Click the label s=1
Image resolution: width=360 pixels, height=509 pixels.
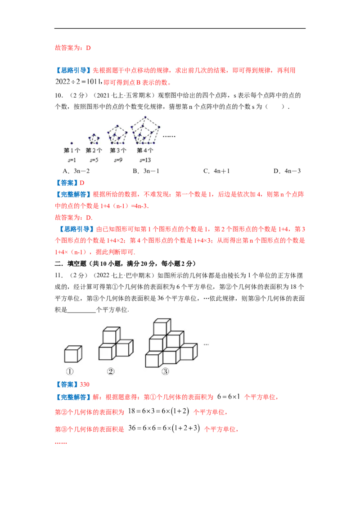72,160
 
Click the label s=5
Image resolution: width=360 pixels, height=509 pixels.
94,160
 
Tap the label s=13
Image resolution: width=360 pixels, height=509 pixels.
145,160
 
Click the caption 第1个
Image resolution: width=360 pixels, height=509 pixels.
72,151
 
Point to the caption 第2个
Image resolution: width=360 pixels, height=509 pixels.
94,151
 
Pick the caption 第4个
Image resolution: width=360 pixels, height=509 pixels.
145,151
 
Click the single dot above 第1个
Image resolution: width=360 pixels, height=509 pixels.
72,143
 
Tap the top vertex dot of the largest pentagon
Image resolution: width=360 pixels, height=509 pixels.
145,117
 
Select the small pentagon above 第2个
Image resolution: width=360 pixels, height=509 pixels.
94,137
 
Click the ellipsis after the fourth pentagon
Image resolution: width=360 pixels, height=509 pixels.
169,136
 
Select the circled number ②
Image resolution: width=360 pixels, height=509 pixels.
111,372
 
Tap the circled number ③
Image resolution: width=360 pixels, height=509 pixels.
165,372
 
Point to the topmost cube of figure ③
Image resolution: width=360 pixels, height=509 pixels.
162,326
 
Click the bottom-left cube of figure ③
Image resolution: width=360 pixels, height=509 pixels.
153,360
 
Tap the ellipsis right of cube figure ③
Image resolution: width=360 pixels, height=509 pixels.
206,345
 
